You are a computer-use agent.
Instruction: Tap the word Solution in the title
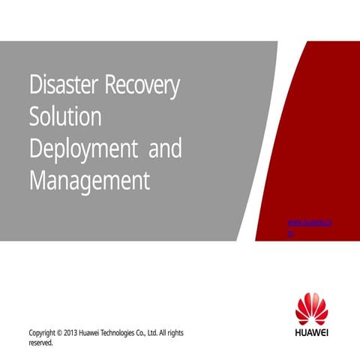click(64, 118)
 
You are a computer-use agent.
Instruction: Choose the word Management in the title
click(89, 181)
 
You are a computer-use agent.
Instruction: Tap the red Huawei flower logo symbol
click(312, 310)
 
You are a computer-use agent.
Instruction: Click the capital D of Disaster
click(34, 85)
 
